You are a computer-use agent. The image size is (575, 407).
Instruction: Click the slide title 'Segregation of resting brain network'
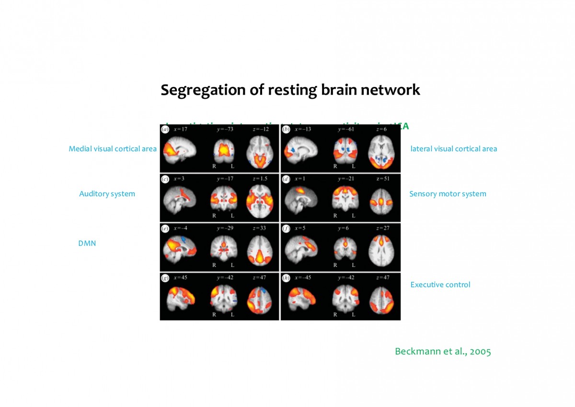[290, 90]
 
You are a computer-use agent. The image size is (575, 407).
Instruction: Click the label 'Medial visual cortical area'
[113, 149]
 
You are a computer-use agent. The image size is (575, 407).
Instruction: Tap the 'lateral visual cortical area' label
[453, 149]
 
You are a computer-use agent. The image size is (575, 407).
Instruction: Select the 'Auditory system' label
[107, 194]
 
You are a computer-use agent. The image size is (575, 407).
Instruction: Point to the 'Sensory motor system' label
[448, 194]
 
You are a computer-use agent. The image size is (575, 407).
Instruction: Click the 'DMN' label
[87, 243]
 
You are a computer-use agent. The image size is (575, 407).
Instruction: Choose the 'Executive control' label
[440, 285]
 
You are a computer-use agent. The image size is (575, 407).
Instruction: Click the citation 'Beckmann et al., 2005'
[443, 351]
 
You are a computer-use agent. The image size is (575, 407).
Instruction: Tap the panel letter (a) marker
[165, 130]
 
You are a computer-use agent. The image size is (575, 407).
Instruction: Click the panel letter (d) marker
[286, 179]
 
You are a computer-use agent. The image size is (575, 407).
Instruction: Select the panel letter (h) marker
[286, 277]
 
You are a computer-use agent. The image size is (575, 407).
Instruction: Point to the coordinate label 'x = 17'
[181, 130]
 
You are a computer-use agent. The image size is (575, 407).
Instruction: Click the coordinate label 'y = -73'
[224, 130]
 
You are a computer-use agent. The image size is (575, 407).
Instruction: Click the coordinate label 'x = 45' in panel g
[181, 277]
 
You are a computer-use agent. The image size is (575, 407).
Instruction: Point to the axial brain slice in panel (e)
[260, 250]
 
